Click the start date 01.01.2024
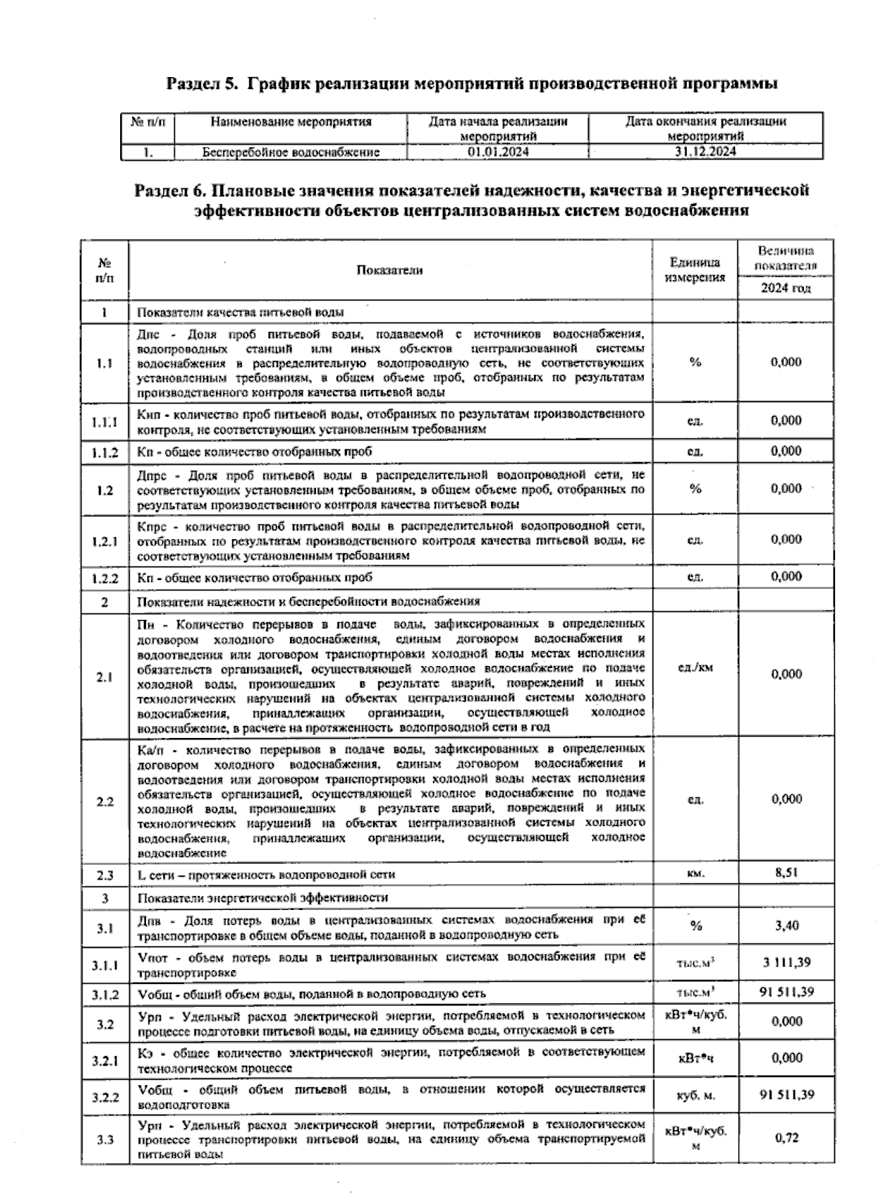click(498, 152)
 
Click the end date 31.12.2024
click(705, 152)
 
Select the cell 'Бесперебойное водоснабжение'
click(291, 152)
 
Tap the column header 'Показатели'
click(389, 270)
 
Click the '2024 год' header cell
click(785, 288)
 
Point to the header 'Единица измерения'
click(694, 270)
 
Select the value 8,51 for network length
click(785, 873)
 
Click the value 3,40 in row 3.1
click(785, 926)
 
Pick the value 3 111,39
click(785, 963)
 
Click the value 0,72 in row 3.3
click(785, 1138)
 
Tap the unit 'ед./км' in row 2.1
click(695, 667)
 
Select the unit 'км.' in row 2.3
click(695, 874)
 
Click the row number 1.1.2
click(105, 452)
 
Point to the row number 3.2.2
click(105, 1096)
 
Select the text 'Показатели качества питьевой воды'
click(240, 312)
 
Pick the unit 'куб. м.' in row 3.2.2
click(695, 1095)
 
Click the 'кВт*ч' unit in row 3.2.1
click(695, 1059)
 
